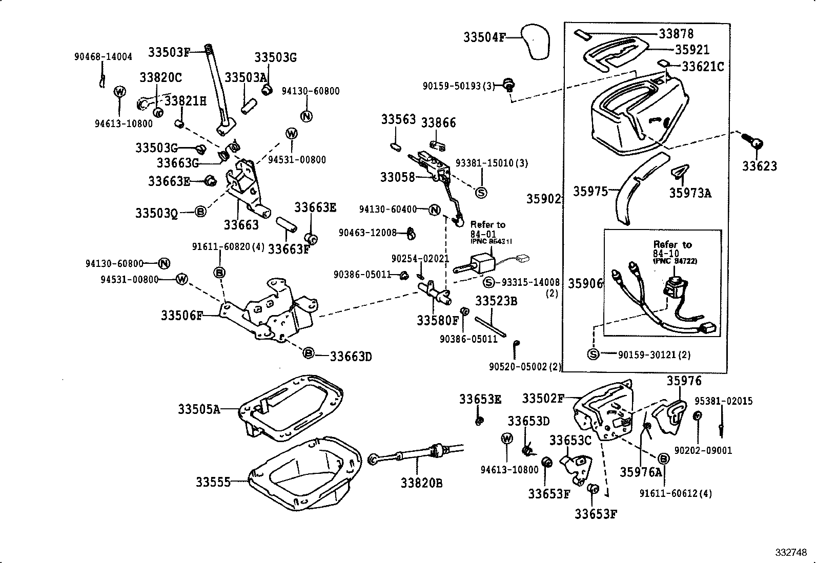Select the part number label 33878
(x=676, y=34)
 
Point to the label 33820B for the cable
(x=421, y=483)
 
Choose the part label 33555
(x=212, y=482)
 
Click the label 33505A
(x=199, y=409)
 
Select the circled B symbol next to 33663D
(x=308, y=353)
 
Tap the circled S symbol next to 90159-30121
(x=593, y=355)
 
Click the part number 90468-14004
(x=103, y=57)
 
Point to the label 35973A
(x=690, y=193)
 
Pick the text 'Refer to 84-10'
(x=672, y=249)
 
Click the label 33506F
(x=182, y=316)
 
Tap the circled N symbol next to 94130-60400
(x=434, y=210)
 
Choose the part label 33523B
(x=496, y=301)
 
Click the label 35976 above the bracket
(x=684, y=381)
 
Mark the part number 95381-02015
(x=723, y=401)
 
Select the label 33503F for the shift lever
(x=169, y=52)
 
